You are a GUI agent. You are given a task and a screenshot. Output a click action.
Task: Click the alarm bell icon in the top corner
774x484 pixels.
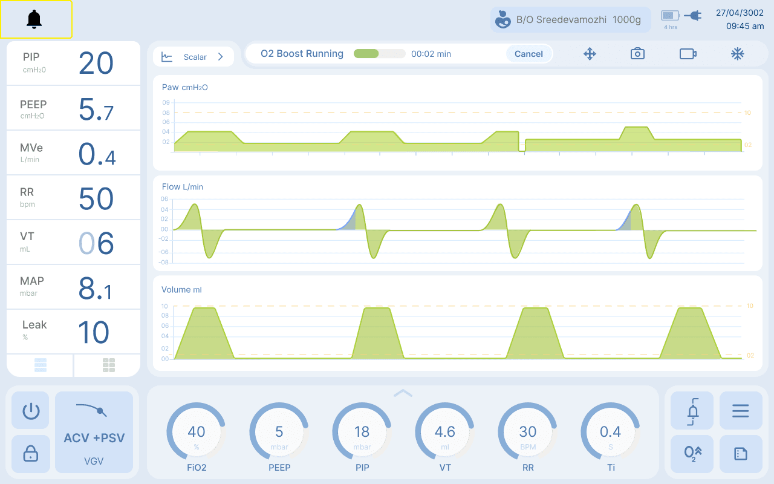[34, 19]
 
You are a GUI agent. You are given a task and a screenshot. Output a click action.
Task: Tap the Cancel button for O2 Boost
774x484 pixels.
[528, 54]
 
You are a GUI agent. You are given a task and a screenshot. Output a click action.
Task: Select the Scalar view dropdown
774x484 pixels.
[193, 57]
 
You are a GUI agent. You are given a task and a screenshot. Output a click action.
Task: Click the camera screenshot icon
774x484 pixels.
[637, 54]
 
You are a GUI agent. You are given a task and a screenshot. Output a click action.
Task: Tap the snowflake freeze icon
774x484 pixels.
[737, 54]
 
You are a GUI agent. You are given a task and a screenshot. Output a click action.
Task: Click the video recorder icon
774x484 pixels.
[688, 54]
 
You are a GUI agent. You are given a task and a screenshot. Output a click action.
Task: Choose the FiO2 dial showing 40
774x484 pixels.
[197, 431]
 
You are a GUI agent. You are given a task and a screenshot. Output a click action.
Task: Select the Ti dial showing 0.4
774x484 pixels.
[610, 431]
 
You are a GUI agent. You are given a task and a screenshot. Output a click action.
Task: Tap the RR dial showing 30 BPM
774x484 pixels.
[528, 431]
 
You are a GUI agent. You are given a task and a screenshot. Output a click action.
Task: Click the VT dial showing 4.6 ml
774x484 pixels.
[444, 431]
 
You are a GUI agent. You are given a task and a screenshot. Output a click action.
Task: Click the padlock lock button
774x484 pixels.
[30, 454]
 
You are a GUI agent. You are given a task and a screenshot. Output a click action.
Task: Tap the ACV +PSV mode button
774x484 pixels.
[94, 432]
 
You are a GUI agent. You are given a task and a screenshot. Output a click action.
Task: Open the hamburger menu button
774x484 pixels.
[741, 410]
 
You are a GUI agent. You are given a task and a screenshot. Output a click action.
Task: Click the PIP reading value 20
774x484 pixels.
[96, 64]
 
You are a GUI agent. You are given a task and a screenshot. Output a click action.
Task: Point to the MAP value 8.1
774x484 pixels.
[96, 289]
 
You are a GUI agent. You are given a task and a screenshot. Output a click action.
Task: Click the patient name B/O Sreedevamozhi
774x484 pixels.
[561, 20]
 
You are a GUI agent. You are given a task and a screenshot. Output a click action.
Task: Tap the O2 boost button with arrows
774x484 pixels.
[692, 454]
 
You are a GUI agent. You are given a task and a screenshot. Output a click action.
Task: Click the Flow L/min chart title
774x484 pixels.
[183, 187]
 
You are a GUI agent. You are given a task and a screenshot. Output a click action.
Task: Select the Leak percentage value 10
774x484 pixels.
[94, 332]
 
